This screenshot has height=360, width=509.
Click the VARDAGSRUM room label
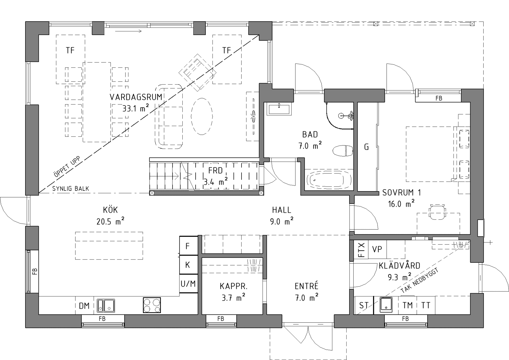coord(136,97)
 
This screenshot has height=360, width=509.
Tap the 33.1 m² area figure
coord(135,108)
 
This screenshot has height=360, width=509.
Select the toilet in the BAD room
coord(343,151)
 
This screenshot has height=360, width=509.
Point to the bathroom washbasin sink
coord(279,109)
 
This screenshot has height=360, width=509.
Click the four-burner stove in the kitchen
coord(152,305)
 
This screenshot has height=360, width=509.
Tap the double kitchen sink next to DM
coord(106,305)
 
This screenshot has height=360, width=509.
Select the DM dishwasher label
coord(84,306)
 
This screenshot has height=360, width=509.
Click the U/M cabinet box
coord(188,284)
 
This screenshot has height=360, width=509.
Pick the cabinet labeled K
coord(188,265)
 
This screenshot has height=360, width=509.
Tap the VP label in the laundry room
coord(377,249)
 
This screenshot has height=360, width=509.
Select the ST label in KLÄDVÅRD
coord(364,305)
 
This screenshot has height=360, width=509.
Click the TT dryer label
coord(426,305)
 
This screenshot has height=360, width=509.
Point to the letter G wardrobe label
coord(367,147)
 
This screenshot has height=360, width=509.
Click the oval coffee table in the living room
coord(202,116)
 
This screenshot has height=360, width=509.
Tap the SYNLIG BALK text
coord(71,189)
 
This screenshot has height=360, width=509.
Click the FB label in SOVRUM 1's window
coord(439,98)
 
